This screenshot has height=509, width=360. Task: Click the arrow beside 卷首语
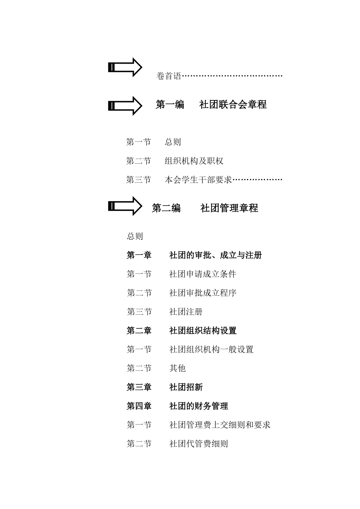pos(125,67)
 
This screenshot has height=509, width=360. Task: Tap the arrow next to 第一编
pos(125,106)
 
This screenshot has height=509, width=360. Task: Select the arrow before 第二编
pos(125,206)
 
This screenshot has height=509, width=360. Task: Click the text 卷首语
pos(169,76)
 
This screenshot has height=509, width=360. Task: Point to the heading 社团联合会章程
pos(233,105)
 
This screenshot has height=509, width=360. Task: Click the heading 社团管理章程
pos(229,208)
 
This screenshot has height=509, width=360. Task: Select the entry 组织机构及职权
pos(194,161)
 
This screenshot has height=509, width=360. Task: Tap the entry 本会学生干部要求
pos(198,180)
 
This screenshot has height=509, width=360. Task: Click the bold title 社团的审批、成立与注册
pos(215,255)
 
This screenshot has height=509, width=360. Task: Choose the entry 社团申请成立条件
pos(202,274)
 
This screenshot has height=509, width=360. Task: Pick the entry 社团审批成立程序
pos(202,293)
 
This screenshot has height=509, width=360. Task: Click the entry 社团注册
pos(186,312)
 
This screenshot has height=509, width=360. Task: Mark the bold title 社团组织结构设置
pos(202,331)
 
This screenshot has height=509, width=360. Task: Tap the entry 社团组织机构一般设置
pos(211,349)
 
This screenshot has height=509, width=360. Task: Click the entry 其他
pos(177,368)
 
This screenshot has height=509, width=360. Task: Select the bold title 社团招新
pos(186,387)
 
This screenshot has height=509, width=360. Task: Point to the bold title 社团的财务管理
pos(198,406)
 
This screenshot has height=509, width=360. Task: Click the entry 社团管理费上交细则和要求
pos(219,425)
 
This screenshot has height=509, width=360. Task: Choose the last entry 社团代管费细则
pos(198,443)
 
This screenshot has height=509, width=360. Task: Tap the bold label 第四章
pos(139,406)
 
